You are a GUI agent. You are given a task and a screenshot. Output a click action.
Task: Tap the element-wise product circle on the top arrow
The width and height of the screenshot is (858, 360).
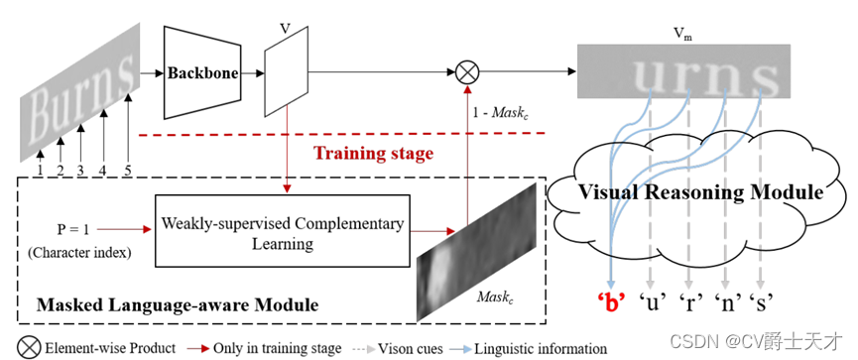pyautogui.click(x=467, y=71)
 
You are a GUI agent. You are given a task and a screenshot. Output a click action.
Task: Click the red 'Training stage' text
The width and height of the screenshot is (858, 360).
pyautogui.click(x=373, y=154)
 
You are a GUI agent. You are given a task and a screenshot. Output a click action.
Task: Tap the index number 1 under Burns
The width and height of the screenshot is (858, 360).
pyautogui.click(x=40, y=169)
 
